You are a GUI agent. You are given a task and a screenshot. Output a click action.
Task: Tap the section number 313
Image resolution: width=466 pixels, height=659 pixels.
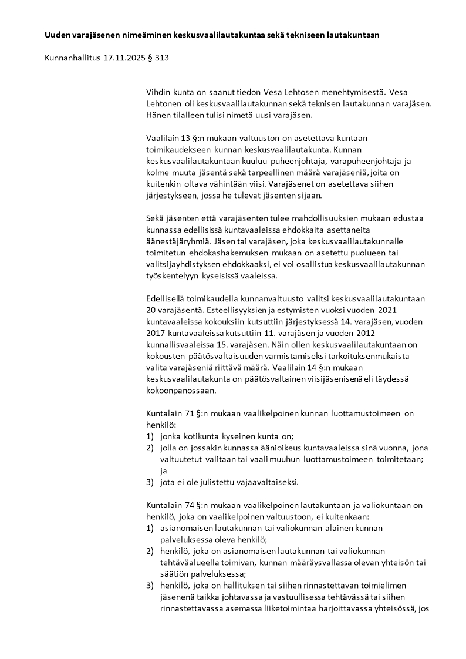[163, 58]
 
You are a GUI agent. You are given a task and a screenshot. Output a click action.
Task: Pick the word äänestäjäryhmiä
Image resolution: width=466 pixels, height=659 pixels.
[178, 241]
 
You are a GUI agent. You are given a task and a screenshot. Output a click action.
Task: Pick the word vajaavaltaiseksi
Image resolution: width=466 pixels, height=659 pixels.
[264, 482]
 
